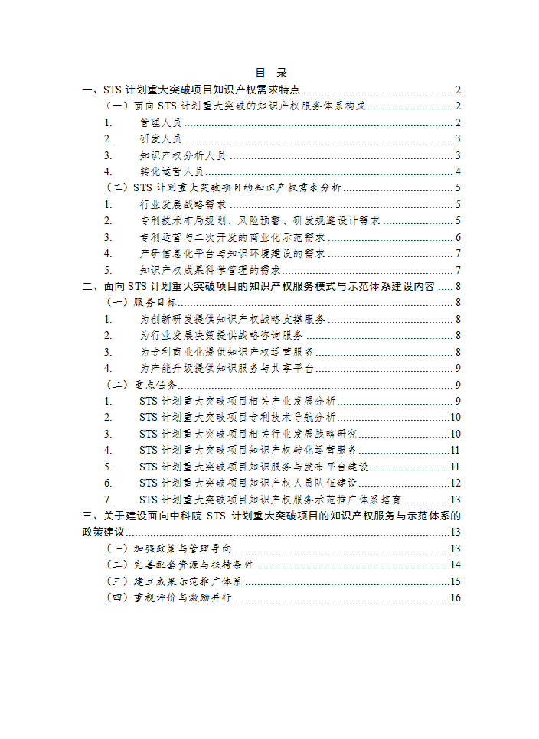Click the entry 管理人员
click(x=160, y=122)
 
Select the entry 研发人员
click(x=160, y=138)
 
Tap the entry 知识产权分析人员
click(x=182, y=155)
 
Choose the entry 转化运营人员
click(x=171, y=171)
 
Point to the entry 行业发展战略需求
click(x=182, y=204)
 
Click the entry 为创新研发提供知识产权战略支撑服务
click(x=233, y=319)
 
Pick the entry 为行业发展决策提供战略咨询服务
click(x=221, y=335)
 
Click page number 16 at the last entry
click(x=455, y=597)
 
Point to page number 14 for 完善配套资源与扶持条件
click(x=455, y=565)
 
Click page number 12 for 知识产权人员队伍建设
click(x=455, y=483)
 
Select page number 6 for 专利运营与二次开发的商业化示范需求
click(x=457, y=237)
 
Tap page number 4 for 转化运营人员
click(x=457, y=171)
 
